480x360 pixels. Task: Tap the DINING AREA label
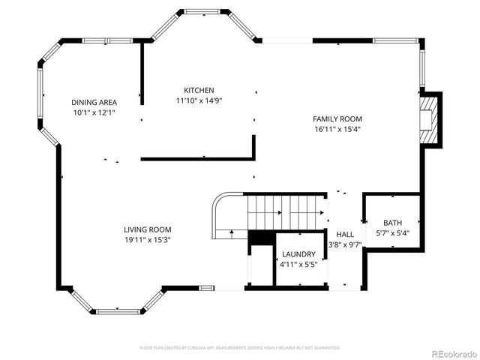94,102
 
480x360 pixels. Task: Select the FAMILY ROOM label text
337,118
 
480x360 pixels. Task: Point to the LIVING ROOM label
148,229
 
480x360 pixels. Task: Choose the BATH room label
392,223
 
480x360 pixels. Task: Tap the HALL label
345,234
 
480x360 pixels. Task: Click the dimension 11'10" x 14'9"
199,100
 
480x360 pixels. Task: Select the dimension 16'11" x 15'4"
337,129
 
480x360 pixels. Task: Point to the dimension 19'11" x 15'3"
148,240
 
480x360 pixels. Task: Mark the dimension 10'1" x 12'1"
94,112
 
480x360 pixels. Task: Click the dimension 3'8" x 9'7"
345,244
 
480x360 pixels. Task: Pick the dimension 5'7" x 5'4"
392,233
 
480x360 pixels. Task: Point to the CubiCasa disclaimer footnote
240,347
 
